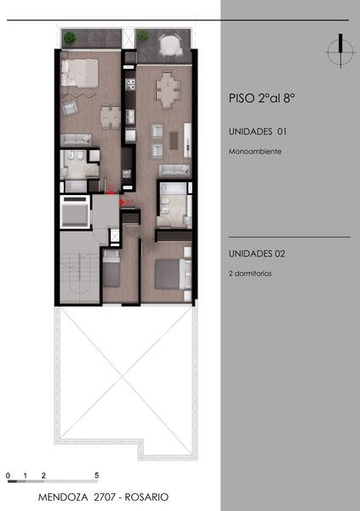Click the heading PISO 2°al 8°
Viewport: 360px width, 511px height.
(262, 98)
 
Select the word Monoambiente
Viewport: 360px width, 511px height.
(255, 152)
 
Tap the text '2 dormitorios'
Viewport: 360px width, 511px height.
(250, 273)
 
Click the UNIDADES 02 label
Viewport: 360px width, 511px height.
(257, 254)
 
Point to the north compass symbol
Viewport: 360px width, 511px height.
(340, 51)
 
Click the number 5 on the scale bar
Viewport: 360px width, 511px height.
(97, 475)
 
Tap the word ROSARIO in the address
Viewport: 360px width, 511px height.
(146, 497)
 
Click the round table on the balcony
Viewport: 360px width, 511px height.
(170, 44)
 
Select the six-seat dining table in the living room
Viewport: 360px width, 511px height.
(168, 89)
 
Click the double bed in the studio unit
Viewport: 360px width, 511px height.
(79, 73)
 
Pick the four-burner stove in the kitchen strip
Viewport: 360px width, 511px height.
(130, 84)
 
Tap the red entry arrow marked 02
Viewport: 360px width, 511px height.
(122, 203)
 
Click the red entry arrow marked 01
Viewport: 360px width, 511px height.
(111, 192)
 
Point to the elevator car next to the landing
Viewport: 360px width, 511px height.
(75, 212)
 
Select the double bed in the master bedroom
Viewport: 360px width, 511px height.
(173, 273)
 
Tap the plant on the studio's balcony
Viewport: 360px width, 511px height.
(70, 37)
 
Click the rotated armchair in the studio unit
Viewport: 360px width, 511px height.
(70, 107)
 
